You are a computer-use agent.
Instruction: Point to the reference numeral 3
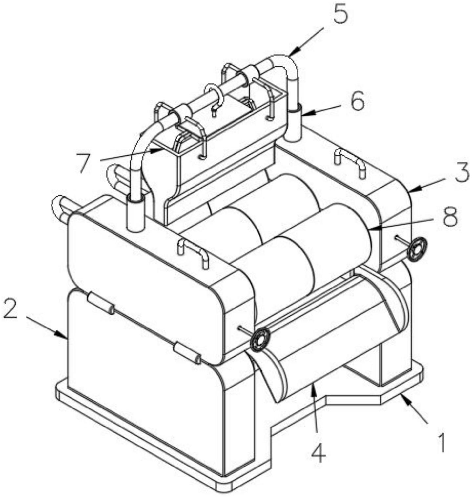point(462,173)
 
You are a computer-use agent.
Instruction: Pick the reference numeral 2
point(10,310)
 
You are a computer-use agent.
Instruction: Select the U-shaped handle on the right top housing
point(350,161)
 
